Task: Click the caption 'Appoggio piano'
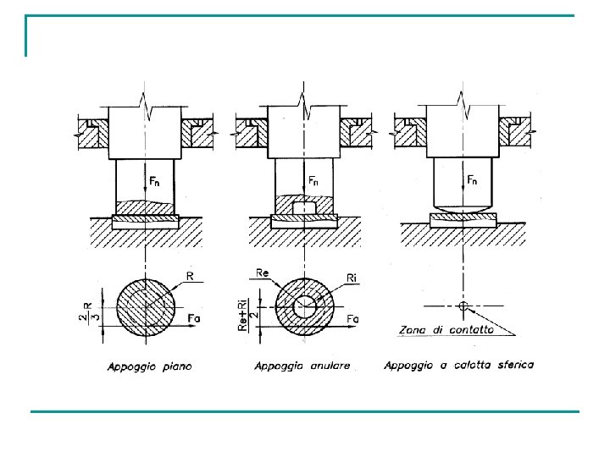click(x=149, y=366)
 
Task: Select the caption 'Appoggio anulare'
click(x=302, y=366)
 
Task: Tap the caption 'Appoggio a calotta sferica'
click(x=458, y=366)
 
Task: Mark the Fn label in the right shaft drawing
click(x=474, y=180)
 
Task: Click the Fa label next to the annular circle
click(x=352, y=319)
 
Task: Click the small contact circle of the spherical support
click(x=462, y=306)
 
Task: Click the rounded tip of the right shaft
click(x=461, y=207)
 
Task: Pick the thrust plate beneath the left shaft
click(x=145, y=221)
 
